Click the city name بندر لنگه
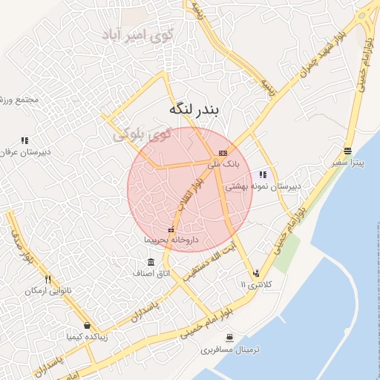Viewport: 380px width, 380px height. point(189,110)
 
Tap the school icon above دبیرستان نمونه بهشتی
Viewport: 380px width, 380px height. point(263,174)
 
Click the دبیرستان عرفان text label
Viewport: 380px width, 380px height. point(26,152)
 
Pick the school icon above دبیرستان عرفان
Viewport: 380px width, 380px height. point(24,140)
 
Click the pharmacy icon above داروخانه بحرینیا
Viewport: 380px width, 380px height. point(171,229)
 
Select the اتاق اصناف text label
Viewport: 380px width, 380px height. point(151,274)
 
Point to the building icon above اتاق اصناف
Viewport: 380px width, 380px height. point(151,262)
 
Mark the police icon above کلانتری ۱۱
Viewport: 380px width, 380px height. point(256,272)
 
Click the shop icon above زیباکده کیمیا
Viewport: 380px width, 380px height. point(87,325)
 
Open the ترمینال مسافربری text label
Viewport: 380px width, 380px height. point(234,349)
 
